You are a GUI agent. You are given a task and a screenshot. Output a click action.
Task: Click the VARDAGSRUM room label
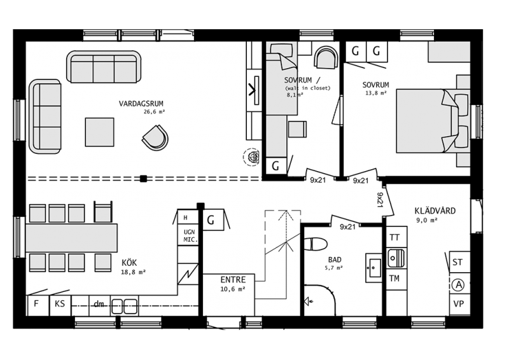point(141,104)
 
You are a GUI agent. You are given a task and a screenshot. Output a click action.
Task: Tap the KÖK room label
point(129,262)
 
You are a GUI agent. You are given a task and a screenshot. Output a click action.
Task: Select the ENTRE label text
point(233,280)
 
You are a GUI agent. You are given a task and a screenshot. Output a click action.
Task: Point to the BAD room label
point(335,260)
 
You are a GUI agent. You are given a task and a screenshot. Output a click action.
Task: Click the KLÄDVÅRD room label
point(435,211)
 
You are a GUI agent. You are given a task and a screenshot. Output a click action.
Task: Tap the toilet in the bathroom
point(316,244)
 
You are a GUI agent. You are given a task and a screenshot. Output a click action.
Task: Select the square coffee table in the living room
point(100,132)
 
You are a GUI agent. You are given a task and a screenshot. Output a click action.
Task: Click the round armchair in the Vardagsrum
point(155,137)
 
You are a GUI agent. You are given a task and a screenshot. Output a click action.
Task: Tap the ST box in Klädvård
point(459,262)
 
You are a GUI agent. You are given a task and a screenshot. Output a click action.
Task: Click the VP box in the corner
point(459,304)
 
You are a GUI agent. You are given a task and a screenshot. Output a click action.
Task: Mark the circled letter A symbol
point(458,285)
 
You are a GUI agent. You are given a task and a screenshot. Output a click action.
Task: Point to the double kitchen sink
point(124,306)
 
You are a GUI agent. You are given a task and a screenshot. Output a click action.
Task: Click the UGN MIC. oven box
point(188,235)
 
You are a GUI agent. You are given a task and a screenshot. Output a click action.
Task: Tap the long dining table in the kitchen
point(71,238)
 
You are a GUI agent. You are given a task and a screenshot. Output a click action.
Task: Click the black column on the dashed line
point(143,178)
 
